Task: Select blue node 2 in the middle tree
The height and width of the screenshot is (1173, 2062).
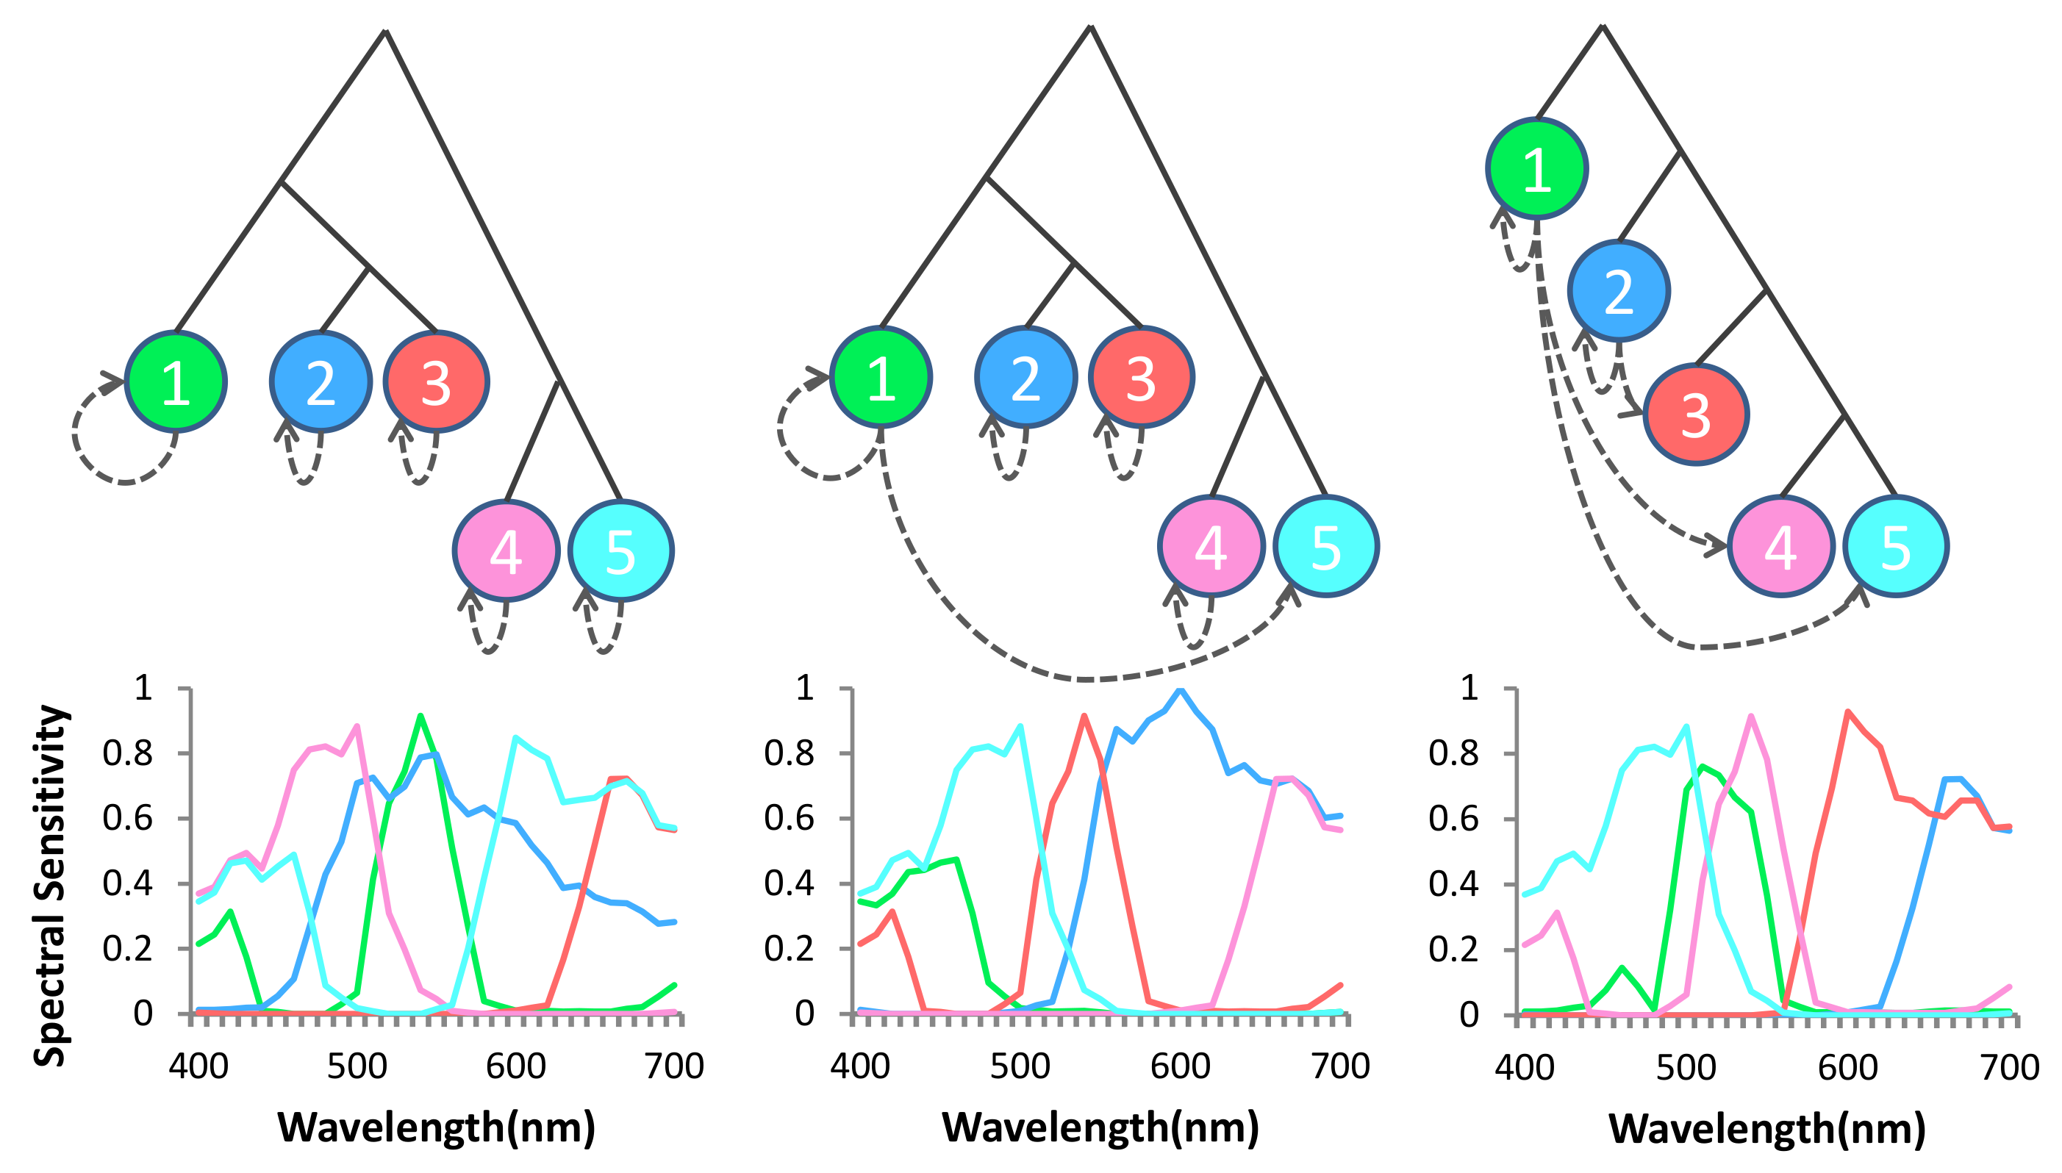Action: pyautogui.click(x=1025, y=377)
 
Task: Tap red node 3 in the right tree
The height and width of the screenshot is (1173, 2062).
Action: pyautogui.click(x=1695, y=414)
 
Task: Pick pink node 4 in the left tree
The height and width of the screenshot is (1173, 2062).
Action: pyautogui.click(x=505, y=551)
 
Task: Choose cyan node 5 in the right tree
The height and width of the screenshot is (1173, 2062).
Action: pyautogui.click(x=1895, y=546)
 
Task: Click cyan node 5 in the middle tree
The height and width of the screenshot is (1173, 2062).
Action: pyautogui.click(x=1325, y=546)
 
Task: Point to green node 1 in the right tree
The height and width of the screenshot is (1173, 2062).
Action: pyautogui.click(x=1536, y=168)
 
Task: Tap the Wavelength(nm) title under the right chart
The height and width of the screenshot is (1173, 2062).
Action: pyautogui.click(x=1766, y=1128)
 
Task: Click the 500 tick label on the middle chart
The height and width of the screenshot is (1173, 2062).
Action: pyautogui.click(x=1020, y=1066)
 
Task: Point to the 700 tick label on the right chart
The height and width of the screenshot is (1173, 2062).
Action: pyautogui.click(x=2010, y=1066)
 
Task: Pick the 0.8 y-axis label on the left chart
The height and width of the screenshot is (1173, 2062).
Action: pyautogui.click(x=127, y=753)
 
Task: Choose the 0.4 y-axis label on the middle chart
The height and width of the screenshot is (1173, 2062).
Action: pyautogui.click(x=789, y=883)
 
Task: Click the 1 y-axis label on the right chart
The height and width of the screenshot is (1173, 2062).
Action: pyautogui.click(x=1469, y=687)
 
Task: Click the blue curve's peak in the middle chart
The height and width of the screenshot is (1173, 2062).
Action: pyautogui.click(x=1181, y=690)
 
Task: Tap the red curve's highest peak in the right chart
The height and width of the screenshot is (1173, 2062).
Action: pyautogui.click(x=1847, y=712)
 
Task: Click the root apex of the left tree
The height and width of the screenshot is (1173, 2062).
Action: pyautogui.click(x=386, y=32)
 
